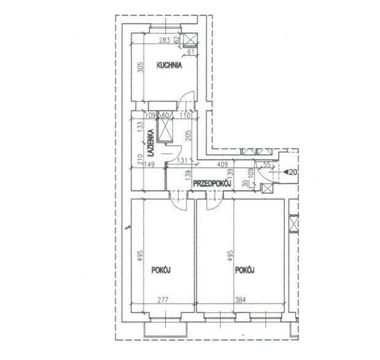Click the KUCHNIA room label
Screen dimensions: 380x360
(169, 66)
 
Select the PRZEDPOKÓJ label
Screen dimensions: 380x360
(212, 184)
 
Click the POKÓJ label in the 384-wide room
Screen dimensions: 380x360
(245, 270)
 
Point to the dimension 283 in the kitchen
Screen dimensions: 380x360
(165, 40)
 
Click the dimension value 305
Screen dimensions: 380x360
(141, 67)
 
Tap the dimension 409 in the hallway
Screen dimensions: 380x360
(222, 164)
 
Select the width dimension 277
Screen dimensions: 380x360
(163, 300)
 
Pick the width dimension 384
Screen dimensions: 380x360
(240, 300)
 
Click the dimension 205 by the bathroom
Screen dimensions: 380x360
(188, 136)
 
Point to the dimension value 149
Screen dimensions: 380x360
(149, 164)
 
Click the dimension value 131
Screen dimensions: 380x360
(182, 160)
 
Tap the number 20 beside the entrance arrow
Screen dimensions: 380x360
(293, 172)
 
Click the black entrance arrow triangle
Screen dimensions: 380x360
(285, 172)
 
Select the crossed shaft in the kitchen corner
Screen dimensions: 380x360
(190, 39)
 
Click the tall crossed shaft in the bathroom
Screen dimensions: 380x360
(165, 126)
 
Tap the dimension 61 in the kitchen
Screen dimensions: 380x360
(191, 52)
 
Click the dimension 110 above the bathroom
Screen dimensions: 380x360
(185, 115)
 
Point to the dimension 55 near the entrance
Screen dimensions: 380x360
(266, 164)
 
